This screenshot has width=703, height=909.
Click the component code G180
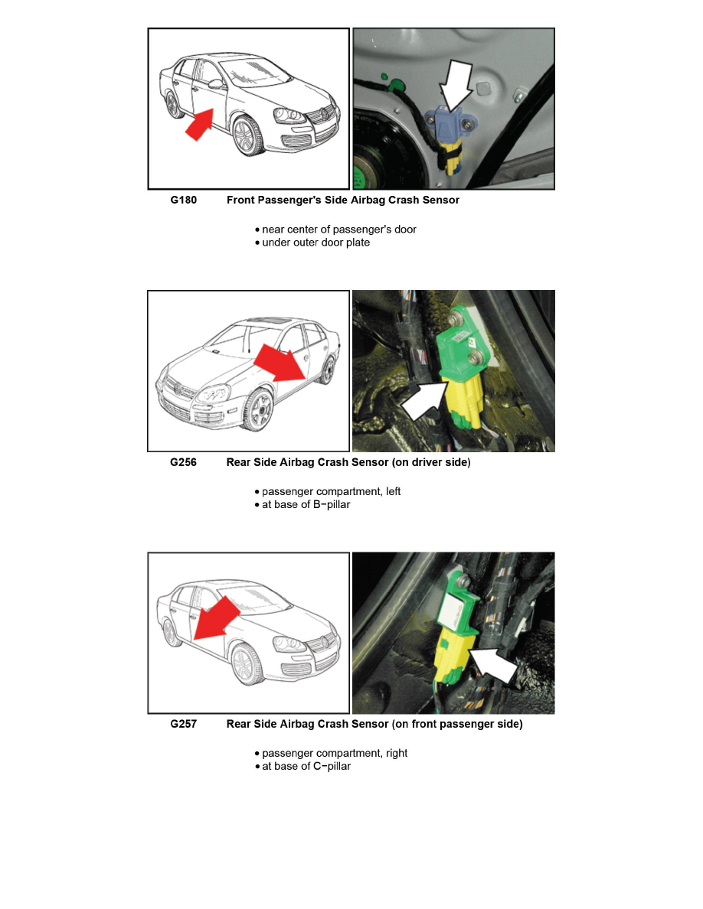click(183, 200)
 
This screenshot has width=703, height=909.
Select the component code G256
click(183, 463)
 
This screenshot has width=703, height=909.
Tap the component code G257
click(183, 725)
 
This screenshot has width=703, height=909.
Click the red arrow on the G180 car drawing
click(198, 125)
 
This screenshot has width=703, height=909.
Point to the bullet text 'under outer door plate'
click(316, 243)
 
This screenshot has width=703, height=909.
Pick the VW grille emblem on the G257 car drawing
click(329, 640)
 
